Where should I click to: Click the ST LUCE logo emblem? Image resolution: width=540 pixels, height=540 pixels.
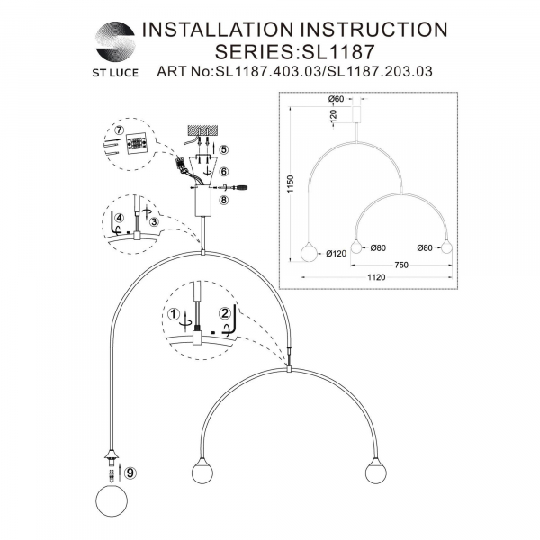(115, 41)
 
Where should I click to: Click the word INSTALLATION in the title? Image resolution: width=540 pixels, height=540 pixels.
(218, 30)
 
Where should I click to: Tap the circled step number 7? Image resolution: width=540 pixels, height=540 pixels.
(119, 130)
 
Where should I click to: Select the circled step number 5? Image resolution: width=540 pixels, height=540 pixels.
(224, 149)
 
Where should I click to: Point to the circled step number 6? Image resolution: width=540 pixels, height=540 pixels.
(224, 172)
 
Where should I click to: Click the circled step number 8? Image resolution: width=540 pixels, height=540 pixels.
(224, 200)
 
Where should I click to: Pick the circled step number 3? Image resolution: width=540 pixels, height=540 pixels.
(154, 221)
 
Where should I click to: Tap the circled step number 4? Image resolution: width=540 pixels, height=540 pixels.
(119, 218)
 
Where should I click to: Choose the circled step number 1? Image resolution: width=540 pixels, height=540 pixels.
(174, 314)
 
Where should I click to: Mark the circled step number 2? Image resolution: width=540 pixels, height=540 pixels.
(225, 313)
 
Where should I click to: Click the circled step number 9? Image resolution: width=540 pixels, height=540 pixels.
(130, 472)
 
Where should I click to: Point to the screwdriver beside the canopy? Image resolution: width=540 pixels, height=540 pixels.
(238, 188)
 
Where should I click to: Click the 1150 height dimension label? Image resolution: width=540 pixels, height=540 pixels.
(291, 184)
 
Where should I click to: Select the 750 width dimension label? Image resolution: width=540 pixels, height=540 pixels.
(401, 265)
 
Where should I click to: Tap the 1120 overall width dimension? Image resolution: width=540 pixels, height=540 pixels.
(376, 277)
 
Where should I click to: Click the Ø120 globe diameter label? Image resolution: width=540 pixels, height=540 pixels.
(336, 254)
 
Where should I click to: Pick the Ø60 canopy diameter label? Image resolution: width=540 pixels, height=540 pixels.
(337, 99)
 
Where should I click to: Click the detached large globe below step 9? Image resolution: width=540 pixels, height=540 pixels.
(112, 501)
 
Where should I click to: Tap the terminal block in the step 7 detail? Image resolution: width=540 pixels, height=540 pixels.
(136, 143)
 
